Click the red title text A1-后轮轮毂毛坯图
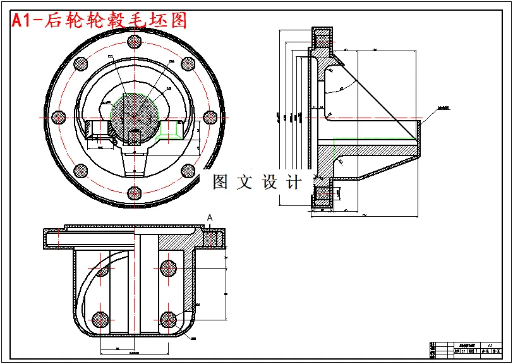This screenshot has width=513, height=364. point(100,20)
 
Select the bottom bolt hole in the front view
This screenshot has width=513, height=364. point(134,193)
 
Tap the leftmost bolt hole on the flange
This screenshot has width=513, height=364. point(59,117)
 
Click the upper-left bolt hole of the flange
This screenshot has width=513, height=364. point(80,63)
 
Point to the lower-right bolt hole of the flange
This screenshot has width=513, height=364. point(188,171)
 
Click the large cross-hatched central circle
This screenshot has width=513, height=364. point(134,116)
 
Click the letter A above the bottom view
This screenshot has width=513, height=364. point(210,217)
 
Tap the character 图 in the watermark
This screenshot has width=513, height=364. point(220,183)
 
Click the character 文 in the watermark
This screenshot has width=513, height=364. point(244,183)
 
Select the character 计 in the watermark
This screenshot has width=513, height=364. point(294,183)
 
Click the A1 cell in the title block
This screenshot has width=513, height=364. point(490,345)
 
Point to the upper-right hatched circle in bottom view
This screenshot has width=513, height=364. point(169,268)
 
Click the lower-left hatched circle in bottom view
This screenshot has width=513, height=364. point(99,319)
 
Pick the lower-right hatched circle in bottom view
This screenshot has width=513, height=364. point(169,319)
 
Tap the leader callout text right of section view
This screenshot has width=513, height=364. point(446,108)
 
